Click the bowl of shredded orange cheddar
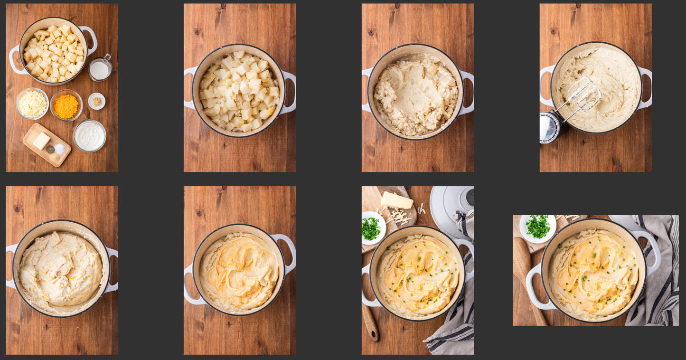point(66,105)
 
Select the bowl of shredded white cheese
point(32,104)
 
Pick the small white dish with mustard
point(97,101)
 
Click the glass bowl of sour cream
point(90,136)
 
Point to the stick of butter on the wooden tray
point(41,141)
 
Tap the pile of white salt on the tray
point(60,149)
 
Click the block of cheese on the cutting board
point(397,200)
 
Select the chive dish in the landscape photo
point(537,227)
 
